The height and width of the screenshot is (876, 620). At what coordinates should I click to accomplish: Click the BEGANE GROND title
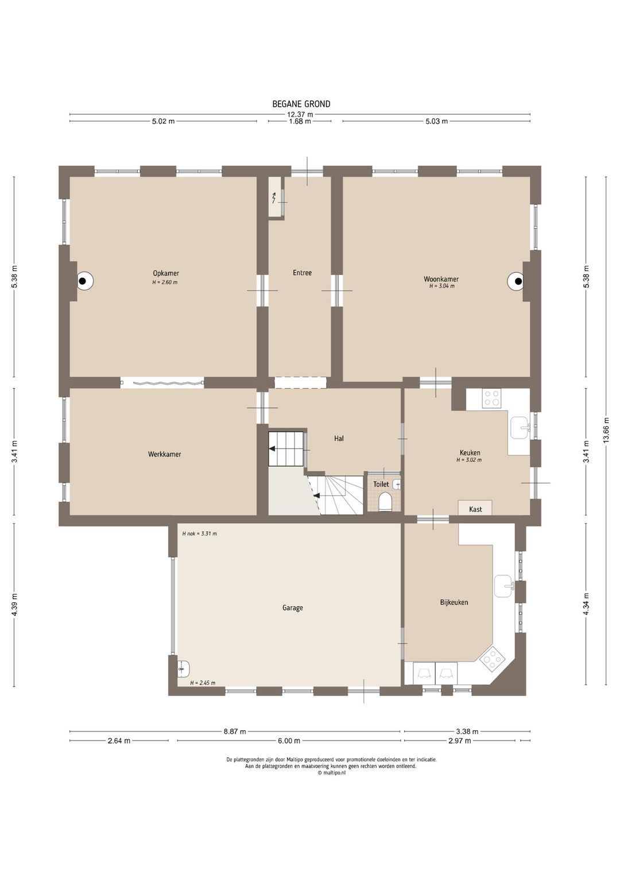coord(301,104)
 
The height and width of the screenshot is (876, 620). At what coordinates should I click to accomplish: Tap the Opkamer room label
coord(166,273)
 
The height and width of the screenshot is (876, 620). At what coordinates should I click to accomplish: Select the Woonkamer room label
coord(441,279)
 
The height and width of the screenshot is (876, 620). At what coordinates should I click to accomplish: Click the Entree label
coord(303,273)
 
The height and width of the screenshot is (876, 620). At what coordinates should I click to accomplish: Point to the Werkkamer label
coord(164,454)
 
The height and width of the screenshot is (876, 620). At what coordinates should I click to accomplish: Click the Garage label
coord(293,608)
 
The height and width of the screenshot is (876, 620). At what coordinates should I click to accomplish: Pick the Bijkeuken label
coord(454,602)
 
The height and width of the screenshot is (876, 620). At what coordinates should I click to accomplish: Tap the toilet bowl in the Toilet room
coord(385,502)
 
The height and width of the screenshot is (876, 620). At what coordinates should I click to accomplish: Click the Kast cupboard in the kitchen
coord(475,507)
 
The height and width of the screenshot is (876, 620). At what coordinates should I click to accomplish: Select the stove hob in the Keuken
coord(493,398)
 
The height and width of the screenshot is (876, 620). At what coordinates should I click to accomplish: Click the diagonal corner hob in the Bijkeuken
coord(491,658)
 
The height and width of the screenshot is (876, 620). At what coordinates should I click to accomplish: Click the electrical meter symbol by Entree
coord(274,198)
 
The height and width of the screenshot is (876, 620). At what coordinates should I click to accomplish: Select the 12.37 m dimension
coord(300,114)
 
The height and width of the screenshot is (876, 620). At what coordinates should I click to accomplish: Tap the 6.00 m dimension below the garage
coord(289,741)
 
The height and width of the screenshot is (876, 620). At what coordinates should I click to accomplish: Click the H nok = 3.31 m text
coord(200,533)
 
